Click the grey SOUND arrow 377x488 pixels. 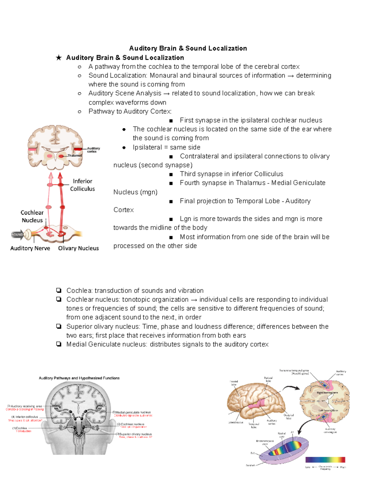(17, 234)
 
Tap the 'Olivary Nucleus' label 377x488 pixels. (78, 248)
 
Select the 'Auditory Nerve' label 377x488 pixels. (30, 248)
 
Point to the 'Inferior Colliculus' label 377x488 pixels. (82, 185)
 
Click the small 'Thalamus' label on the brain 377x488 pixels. (74, 156)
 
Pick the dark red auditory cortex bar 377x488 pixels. (78, 149)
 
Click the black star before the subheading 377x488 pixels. (59, 58)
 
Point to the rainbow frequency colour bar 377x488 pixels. (325, 460)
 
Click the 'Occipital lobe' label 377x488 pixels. (289, 417)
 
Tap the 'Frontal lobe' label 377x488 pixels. (234, 383)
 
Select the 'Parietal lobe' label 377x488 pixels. (268, 379)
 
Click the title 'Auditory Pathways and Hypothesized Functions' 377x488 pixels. (79, 378)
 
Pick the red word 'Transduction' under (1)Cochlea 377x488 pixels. (24, 431)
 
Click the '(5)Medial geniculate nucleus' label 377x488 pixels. (132, 412)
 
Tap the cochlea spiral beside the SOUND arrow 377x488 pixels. (28, 234)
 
